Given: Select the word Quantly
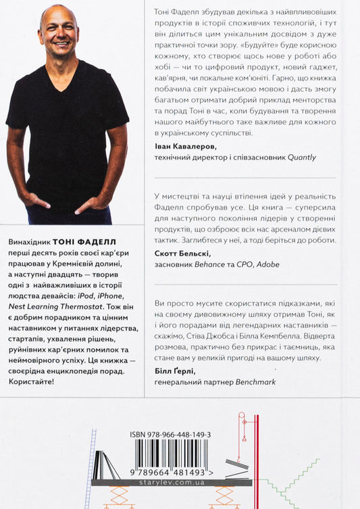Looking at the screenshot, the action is pos(301,157).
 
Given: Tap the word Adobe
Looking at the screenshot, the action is pos(266,264).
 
